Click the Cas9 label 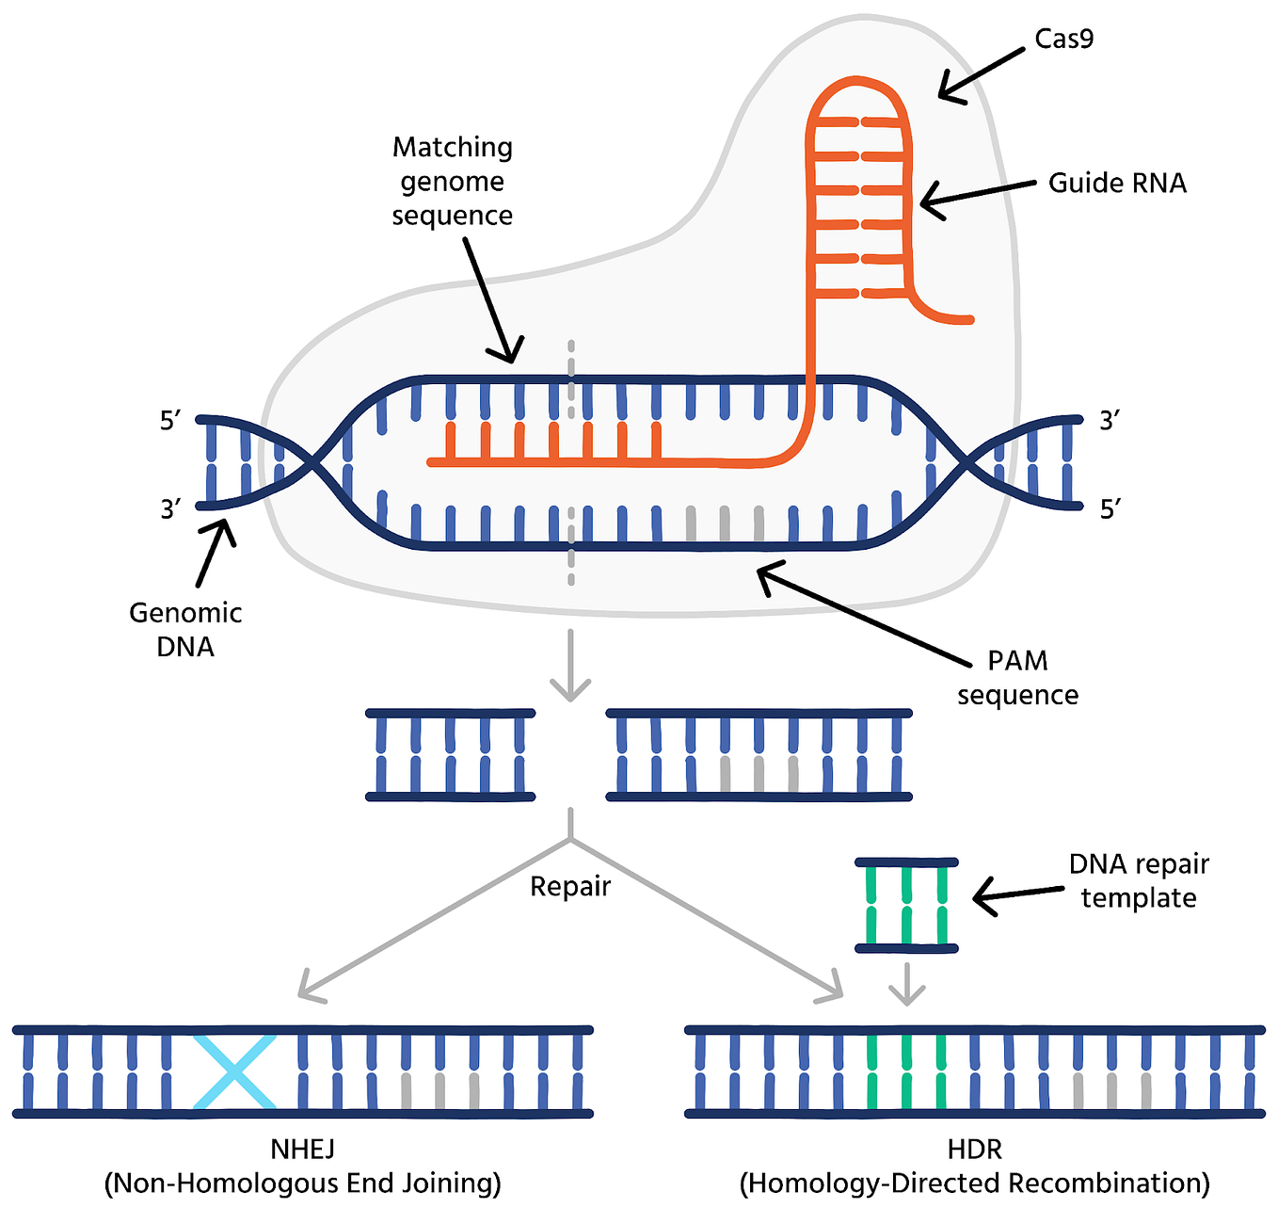(1063, 40)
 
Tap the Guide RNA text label (1117, 183)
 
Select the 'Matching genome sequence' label (453, 181)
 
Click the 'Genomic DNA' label (185, 630)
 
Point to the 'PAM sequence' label (1017, 678)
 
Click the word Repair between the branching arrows (570, 887)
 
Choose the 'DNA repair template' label (1139, 880)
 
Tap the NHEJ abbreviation (302, 1150)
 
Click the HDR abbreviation (974, 1150)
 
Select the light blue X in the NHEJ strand (234, 1072)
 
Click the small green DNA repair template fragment (906, 905)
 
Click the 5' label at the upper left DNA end (170, 421)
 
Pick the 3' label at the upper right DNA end (1110, 421)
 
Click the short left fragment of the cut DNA (450, 755)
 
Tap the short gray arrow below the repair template (906, 985)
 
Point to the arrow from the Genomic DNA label (214, 555)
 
